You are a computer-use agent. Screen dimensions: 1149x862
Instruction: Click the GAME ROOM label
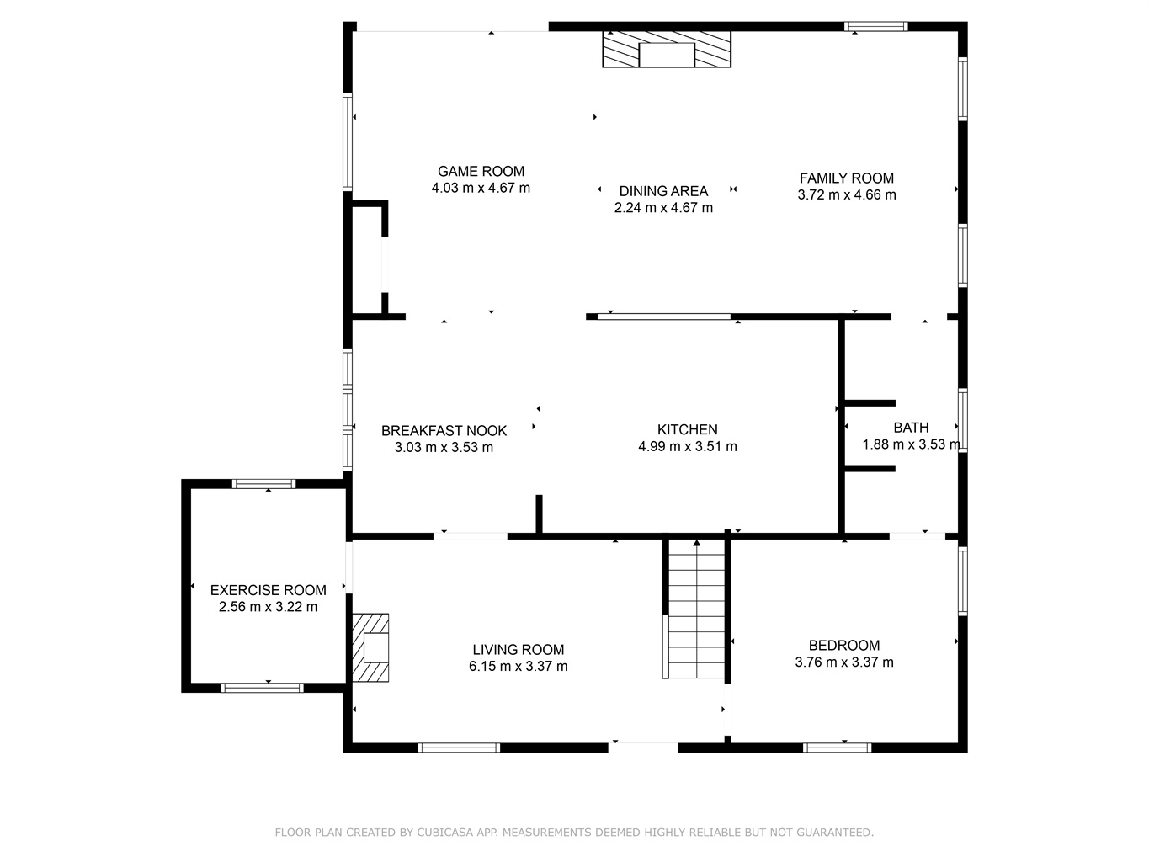(x=481, y=171)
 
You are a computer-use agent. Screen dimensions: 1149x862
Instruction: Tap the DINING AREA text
(x=663, y=191)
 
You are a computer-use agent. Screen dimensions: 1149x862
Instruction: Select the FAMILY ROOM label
(x=847, y=178)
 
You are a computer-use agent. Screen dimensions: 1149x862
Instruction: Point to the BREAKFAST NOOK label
(x=444, y=431)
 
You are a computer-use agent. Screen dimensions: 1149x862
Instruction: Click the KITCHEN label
(x=688, y=429)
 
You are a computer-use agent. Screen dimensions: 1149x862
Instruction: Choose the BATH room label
(x=911, y=428)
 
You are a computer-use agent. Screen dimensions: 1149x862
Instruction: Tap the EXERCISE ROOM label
(x=268, y=590)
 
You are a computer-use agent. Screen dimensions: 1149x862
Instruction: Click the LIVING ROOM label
(x=519, y=650)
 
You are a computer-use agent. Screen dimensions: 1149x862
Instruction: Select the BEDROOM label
(x=843, y=646)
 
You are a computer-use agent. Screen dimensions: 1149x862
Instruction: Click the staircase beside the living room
(x=696, y=609)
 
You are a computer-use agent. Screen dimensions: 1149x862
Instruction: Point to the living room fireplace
(x=370, y=647)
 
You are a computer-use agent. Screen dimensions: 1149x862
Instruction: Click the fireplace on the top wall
(x=667, y=49)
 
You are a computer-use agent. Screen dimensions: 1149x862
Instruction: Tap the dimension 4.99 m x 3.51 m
(x=688, y=446)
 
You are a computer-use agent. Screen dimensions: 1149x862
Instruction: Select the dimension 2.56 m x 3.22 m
(x=268, y=607)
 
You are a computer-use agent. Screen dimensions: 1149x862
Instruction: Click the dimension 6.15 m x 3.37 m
(x=519, y=666)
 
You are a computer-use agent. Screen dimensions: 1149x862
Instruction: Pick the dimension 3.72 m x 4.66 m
(x=847, y=194)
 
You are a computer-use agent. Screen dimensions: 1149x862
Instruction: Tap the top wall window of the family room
(x=875, y=26)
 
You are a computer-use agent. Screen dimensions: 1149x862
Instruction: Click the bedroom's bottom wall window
(x=837, y=748)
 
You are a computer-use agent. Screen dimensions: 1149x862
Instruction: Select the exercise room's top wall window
(x=263, y=484)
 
